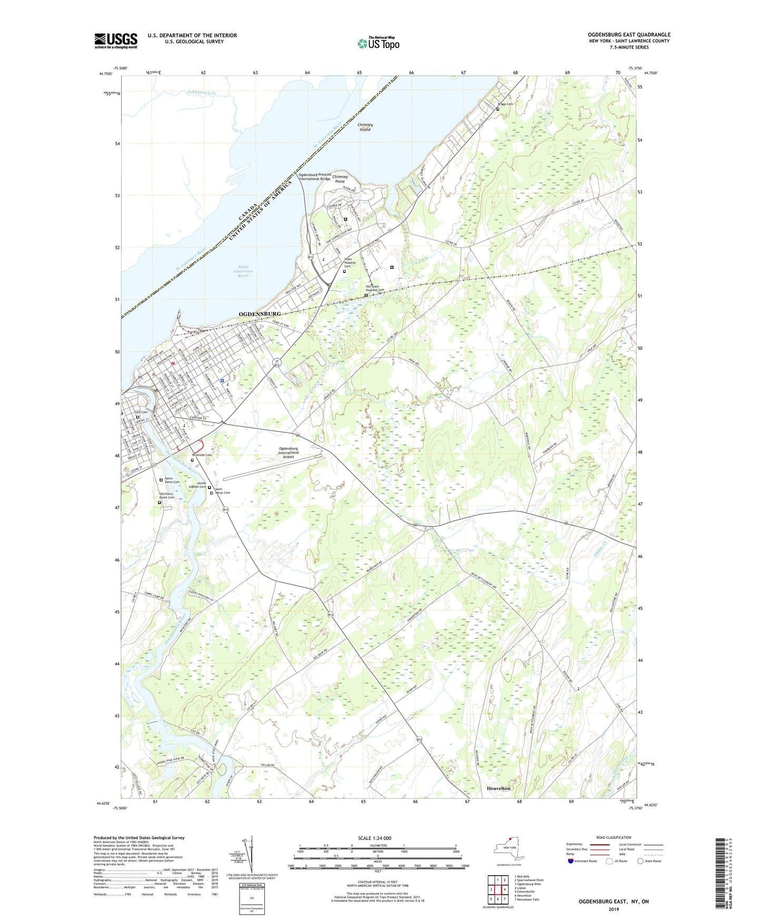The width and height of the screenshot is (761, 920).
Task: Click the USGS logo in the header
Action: (x=116, y=41)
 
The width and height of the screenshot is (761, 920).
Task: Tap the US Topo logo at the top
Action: (x=378, y=43)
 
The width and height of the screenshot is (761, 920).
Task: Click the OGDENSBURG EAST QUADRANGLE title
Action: (x=629, y=35)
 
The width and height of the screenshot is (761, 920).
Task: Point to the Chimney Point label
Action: (x=340, y=179)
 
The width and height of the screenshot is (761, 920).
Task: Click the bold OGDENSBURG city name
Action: (x=260, y=314)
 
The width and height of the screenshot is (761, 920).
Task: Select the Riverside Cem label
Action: (x=202, y=455)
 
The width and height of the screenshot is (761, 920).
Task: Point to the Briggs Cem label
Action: (x=505, y=104)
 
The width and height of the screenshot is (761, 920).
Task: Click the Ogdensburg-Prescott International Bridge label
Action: (x=315, y=177)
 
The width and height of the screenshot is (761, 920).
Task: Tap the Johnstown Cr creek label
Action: (x=202, y=93)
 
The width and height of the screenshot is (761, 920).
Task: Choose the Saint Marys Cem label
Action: (x=222, y=491)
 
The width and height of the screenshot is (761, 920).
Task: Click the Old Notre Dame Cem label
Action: (x=167, y=496)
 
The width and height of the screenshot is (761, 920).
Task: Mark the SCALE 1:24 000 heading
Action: (x=378, y=838)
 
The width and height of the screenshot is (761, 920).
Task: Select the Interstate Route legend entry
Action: (x=585, y=861)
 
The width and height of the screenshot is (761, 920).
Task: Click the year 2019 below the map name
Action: (x=613, y=909)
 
